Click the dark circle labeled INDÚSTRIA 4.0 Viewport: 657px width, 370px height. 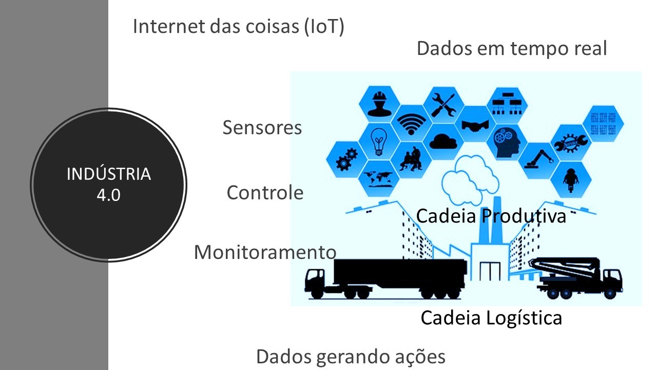coord(108,185)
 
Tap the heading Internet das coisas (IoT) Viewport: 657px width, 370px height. coord(238,26)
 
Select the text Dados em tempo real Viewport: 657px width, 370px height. coord(512,49)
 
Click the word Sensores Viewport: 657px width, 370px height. coord(262,128)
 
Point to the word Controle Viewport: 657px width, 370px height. coord(265,193)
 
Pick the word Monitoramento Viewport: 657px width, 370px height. coord(265,252)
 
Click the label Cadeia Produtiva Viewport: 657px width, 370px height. coord(491,216)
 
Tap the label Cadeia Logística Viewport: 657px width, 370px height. coord(491,318)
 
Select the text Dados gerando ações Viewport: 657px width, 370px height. coord(351,357)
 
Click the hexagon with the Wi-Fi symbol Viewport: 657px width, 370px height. coord(412,123)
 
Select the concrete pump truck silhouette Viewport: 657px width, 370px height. coord(580,278)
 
